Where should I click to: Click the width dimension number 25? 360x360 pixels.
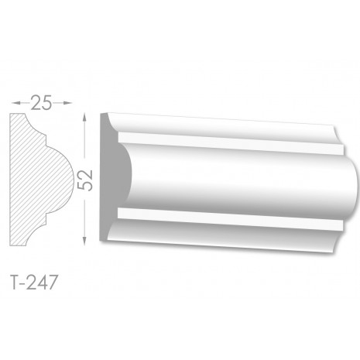(41, 103)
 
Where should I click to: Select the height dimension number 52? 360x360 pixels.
(85, 180)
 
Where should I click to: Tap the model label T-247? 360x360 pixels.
(33, 282)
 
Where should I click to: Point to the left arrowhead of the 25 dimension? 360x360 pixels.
(15, 103)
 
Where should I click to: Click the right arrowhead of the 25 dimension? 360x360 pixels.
(67, 103)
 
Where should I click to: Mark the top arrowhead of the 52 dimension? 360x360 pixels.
(84, 119)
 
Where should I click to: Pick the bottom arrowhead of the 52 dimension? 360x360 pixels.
(84, 241)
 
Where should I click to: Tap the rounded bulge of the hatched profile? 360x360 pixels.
(60, 180)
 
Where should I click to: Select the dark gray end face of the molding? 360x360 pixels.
(111, 178)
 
